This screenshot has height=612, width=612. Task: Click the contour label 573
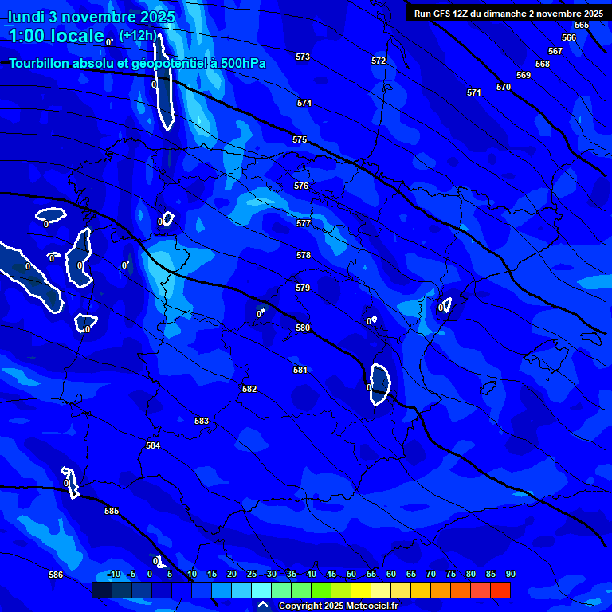point(303,57)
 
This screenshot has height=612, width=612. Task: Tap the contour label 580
point(303,328)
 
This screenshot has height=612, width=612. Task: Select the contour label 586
point(56,575)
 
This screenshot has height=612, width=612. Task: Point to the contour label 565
point(582,25)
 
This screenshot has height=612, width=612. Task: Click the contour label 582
point(249,389)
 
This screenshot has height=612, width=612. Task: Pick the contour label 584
point(153,445)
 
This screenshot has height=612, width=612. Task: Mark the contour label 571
point(474,92)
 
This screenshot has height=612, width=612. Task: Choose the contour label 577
point(304,223)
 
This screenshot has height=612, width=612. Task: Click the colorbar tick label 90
point(510,574)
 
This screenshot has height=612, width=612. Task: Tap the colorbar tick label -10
point(113,574)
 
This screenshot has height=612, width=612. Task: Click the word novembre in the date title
point(96,16)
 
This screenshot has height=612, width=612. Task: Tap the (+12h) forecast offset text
point(139,35)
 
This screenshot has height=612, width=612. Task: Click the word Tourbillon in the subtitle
point(40,63)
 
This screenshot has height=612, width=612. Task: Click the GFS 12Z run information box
point(508,13)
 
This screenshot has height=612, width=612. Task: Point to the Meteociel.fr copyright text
point(338,606)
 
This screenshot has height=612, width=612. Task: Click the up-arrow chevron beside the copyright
point(263,605)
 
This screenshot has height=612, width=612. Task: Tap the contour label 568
point(543,64)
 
